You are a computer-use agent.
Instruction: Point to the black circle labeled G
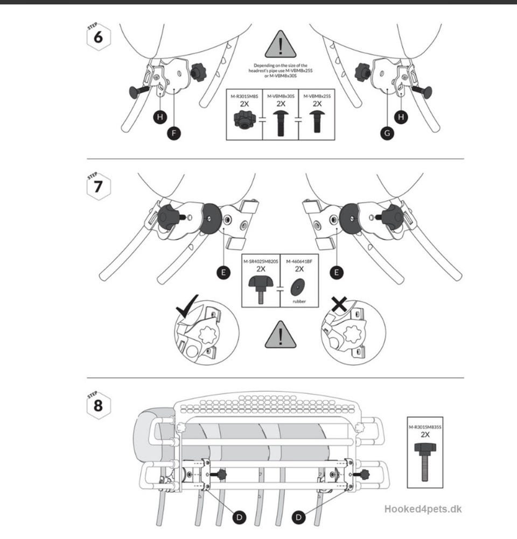pos(387,134)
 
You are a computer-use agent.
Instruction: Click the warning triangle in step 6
pos(280,44)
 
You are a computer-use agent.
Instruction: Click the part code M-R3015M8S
pos(244,96)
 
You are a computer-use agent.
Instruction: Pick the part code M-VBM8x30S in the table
pos(280,96)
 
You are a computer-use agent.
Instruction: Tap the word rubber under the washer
pos(299,301)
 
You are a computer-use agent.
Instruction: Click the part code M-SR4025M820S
pos(261,261)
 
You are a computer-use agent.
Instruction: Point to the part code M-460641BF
pos(299,261)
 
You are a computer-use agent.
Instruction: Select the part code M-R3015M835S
pos(424,427)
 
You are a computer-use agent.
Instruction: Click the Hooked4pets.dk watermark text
pos(423,509)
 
